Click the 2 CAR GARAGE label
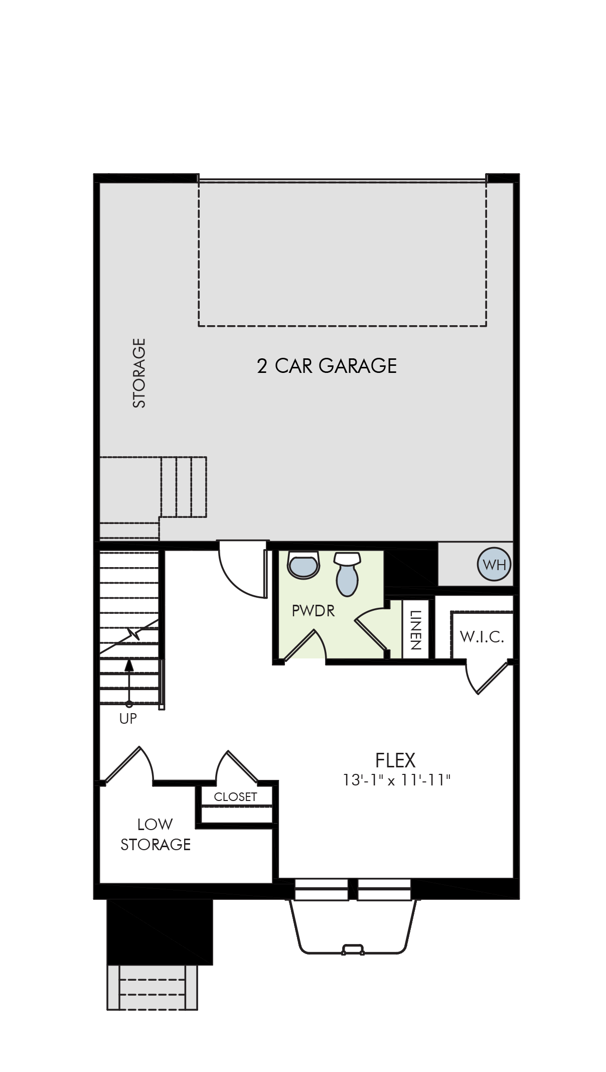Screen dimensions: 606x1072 tap(327, 366)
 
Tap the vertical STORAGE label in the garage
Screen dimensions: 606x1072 tap(138, 373)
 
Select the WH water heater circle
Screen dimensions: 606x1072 tap(494, 565)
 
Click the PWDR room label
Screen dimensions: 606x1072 tap(313, 611)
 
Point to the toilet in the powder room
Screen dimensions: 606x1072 tap(347, 574)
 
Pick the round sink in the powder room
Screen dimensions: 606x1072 tap(303, 565)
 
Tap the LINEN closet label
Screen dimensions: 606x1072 tap(415, 630)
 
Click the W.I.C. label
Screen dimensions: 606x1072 tap(482, 637)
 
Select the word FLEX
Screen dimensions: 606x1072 tap(395, 760)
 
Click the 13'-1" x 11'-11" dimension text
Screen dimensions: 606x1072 tap(396, 780)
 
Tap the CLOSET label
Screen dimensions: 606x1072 tap(235, 797)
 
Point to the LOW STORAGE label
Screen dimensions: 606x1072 tap(156, 834)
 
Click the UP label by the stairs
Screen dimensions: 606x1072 tap(128, 719)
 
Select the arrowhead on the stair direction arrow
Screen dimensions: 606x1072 tap(129, 665)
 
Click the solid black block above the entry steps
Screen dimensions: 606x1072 tap(160, 931)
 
